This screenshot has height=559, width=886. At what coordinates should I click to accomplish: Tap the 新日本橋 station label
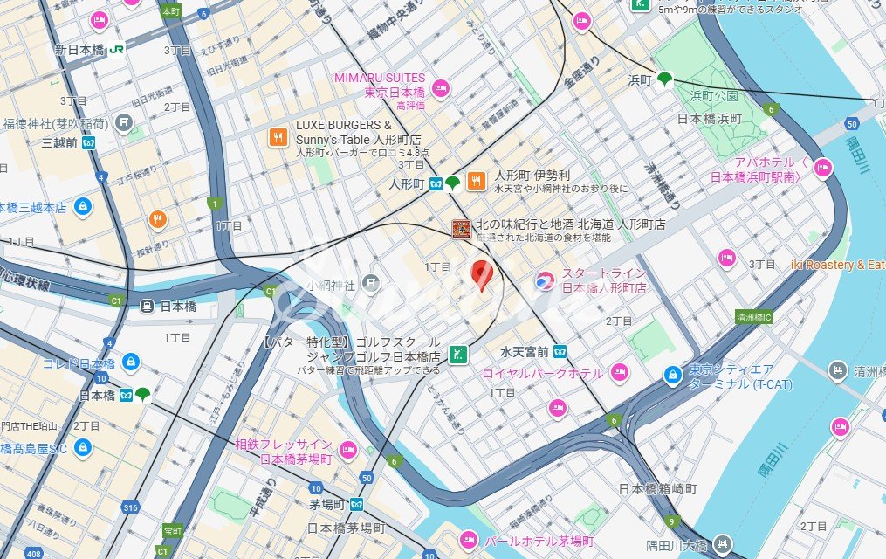[80, 49]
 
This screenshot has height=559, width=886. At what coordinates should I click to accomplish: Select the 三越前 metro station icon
[89, 142]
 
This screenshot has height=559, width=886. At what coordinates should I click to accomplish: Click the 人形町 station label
[407, 183]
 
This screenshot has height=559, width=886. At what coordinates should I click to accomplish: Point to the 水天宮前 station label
[525, 351]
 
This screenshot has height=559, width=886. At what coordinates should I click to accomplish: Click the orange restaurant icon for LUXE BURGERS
[278, 137]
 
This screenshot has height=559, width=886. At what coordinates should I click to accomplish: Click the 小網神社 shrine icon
[371, 283]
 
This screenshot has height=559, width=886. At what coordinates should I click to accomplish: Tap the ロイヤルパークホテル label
[542, 373]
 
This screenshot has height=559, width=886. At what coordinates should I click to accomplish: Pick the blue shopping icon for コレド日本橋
[130, 362]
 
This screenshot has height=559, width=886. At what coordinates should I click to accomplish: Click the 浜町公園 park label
[714, 95]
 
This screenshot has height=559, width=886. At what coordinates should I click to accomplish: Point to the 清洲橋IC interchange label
[754, 317]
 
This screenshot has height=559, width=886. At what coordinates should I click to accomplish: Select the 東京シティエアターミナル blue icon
[672, 375]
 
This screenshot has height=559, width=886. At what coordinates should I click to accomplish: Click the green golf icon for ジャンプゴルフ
[457, 355]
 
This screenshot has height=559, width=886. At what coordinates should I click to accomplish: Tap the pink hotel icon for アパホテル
[822, 169]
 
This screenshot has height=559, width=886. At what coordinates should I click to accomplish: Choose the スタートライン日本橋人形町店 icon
[544, 280]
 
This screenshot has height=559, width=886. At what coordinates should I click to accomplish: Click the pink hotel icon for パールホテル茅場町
[469, 541]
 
